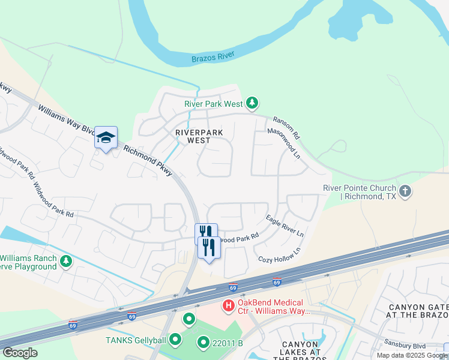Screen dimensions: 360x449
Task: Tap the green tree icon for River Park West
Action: coord(253,103)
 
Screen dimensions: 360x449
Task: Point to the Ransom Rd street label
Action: coord(287,128)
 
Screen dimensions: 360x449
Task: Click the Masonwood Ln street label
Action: coord(283,143)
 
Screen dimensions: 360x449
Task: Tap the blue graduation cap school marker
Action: coord(106,138)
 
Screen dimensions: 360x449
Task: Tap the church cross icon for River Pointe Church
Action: coord(405,191)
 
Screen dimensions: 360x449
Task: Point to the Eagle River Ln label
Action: coord(285,224)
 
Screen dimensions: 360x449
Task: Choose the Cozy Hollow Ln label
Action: coord(279,255)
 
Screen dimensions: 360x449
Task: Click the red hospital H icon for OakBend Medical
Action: coord(228,306)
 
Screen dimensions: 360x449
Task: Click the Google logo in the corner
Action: coord(20,353)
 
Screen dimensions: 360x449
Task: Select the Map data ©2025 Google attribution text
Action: coord(412,355)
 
